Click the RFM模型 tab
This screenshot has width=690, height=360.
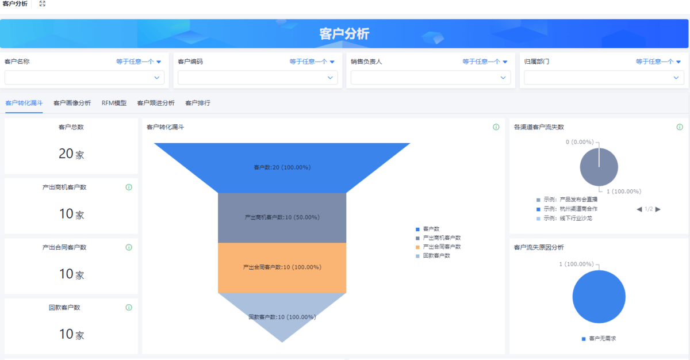(x=114, y=103)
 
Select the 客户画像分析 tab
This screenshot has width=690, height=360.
(x=72, y=103)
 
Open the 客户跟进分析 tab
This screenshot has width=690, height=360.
(x=156, y=103)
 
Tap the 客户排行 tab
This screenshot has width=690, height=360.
(x=198, y=103)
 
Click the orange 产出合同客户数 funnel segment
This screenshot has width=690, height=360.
(x=282, y=267)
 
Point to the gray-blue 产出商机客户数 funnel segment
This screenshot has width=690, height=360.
(x=282, y=218)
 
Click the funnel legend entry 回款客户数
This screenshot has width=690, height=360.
(x=433, y=255)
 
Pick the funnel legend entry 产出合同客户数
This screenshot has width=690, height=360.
(x=438, y=247)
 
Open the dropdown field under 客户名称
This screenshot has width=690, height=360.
(x=85, y=78)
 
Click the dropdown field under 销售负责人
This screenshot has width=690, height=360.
(x=431, y=78)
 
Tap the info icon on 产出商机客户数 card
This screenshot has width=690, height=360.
(x=129, y=187)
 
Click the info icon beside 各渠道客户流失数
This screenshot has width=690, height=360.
(x=680, y=127)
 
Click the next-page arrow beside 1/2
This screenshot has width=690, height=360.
(x=658, y=209)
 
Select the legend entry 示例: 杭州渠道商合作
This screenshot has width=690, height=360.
(x=567, y=209)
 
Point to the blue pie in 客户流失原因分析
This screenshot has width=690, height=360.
(x=599, y=297)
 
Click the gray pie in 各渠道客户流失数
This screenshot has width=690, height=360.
(x=599, y=167)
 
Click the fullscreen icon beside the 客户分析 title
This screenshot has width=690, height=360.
(x=43, y=3)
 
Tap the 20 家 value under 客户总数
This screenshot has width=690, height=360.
(x=71, y=154)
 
